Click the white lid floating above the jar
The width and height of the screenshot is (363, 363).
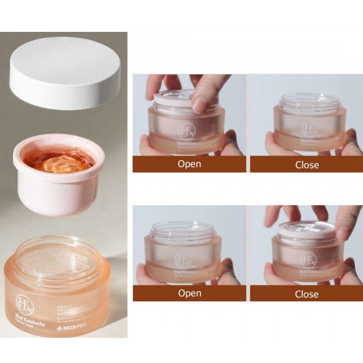(x=65, y=72)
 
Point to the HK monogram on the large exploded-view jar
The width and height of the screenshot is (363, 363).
(x=24, y=303)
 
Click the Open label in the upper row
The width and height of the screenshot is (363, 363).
(x=189, y=164)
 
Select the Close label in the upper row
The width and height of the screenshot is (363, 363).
(x=307, y=164)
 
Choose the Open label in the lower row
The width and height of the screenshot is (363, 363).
(x=189, y=293)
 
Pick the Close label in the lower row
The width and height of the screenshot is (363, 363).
(x=307, y=293)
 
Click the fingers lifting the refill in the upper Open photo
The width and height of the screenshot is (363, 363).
(x=202, y=94)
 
